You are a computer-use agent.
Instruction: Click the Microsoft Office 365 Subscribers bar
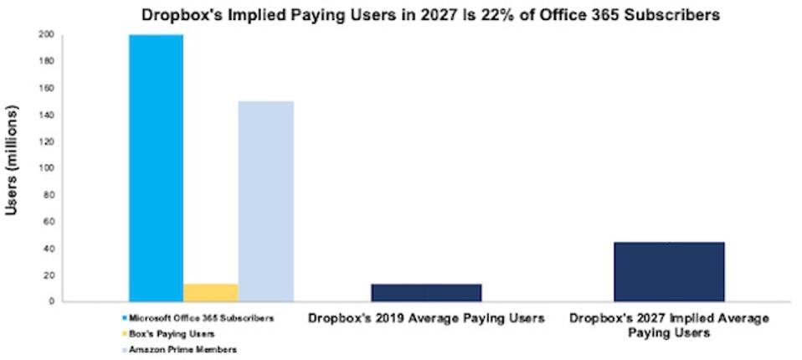[x=156, y=167]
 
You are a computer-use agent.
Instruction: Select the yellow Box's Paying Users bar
[x=211, y=292]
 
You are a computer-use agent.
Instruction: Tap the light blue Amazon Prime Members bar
[x=265, y=201]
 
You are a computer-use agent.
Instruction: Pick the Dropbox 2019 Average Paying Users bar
[x=426, y=292]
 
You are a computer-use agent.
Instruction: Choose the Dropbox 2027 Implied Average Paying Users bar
[x=669, y=271]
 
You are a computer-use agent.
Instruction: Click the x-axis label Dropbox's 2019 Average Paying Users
[x=426, y=318]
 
